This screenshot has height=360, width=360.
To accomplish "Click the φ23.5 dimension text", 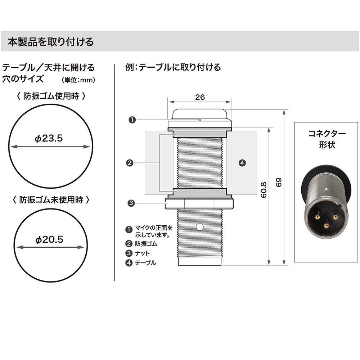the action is [49, 138].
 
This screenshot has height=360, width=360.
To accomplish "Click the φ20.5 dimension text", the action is [49, 240].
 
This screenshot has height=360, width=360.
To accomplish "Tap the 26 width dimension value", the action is [200, 97].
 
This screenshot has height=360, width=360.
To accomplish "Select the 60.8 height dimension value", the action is [264, 190].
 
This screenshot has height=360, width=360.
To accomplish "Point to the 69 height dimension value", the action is [278, 183].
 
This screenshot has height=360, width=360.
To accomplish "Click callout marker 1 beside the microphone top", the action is [132, 120].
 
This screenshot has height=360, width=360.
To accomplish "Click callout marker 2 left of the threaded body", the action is [130, 163].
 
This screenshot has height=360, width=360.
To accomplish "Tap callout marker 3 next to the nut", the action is [131, 203].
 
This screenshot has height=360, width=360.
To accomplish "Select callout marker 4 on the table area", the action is [242, 163].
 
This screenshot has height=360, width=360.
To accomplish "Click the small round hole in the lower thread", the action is [200, 227].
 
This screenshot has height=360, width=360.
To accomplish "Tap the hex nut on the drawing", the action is [199, 204].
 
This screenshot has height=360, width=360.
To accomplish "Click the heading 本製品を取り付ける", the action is [51, 42].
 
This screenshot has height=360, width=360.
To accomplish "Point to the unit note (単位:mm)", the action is [78, 80].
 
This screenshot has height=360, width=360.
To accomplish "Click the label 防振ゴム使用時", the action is [51, 96].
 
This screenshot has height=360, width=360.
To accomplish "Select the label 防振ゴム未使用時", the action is [51, 200].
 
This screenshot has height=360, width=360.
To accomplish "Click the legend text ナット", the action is [142, 253].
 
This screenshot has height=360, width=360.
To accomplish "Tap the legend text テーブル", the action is [145, 263].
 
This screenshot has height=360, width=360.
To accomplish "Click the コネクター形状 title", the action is [327, 139].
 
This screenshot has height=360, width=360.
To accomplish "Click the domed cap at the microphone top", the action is [199, 114].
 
